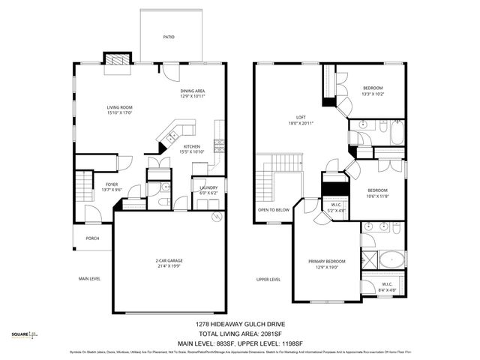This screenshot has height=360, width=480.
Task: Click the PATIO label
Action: point(169,37)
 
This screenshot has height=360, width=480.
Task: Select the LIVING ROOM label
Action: point(119,108)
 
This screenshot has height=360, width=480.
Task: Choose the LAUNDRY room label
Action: point(208,187)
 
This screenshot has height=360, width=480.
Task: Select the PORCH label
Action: point(92,238)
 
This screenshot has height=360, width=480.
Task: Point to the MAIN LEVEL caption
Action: point(89,279)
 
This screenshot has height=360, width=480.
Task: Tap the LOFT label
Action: point(301,118)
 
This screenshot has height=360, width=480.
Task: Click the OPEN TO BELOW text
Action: point(273,210)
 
